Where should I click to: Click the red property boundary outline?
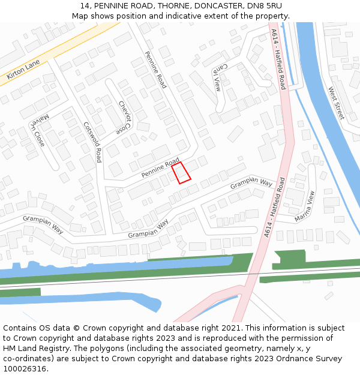181,172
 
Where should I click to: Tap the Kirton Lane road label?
23,70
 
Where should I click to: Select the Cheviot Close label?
124,117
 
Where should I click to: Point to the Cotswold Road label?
93,143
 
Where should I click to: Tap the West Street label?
336,103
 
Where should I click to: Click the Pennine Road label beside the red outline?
161,167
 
